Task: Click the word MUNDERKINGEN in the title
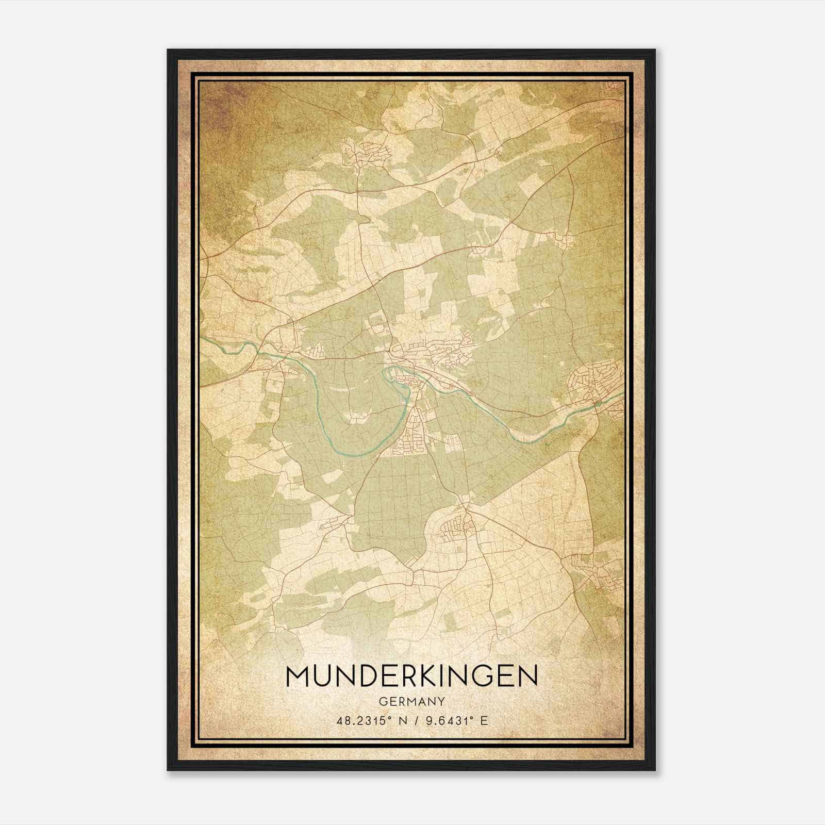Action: pyautogui.click(x=411, y=676)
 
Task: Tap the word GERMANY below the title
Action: pyautogui.click(x=411, y=701)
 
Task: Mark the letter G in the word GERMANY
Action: pyautogui.click(x=382, y=701)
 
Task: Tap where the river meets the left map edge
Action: pyautogui.click(x=202, y=339)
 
